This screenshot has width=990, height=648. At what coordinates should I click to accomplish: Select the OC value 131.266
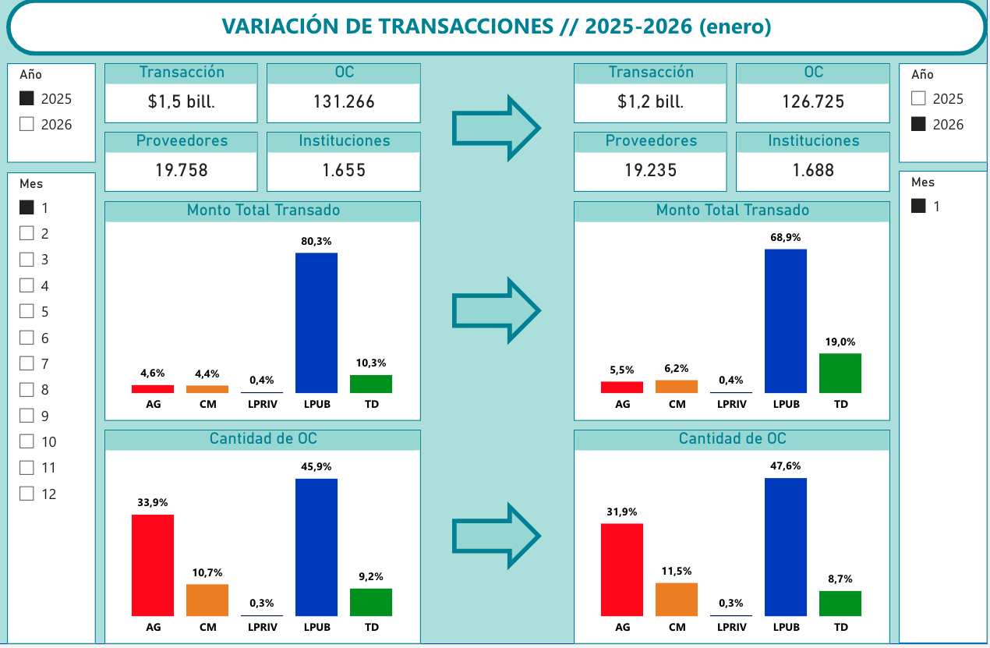pyautogui.click(x=344, y=101)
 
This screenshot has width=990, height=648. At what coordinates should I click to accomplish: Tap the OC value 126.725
pyautogui.click(x=813, y=101)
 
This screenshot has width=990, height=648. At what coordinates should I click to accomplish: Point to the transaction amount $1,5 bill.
pyautogui.click(x=181, y=101)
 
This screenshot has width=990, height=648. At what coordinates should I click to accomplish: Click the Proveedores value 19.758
pyautogui.click(x=181, y=170)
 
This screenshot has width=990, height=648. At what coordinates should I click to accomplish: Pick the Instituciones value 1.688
pyautogui.click(x=813, y=170)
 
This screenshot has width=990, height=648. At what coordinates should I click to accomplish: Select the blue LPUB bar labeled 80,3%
pyautogui.click(x=316, y=322)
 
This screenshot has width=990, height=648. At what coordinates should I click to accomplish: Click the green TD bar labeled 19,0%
pyautogui.click(x=840, y=373)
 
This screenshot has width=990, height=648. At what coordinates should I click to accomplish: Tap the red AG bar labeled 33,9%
pyautogui.click(x=153, y=565)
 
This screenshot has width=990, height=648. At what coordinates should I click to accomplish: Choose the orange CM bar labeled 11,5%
pyautogui.click(x=677, y=599)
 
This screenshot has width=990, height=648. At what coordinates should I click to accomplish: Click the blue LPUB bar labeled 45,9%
pyautogui.click(x=316, y=547)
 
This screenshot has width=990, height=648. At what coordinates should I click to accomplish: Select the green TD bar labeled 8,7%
pyautogui.click(x=840, y=603)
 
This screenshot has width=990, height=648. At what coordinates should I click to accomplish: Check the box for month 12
pyautogui.click(x=27, y=494)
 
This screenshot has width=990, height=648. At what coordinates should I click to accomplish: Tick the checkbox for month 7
pyautogui.click(x=27, y=363)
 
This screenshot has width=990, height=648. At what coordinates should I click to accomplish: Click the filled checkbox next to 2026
pyautogui.click(x=918, y=124)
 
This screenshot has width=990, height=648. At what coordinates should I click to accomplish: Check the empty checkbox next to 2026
pyautogui.click(x=27, y=124)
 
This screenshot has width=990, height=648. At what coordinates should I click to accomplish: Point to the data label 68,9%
pyautogui.click(x=786, y=237)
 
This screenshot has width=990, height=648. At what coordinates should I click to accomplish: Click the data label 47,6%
pyautogui.click(x=786, y=466)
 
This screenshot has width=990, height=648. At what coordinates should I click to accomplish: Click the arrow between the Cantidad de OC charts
pyautogui.click(x=497, y=535)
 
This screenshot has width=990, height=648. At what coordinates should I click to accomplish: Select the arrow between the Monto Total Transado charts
pyautogui.click(x=497, y=310)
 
